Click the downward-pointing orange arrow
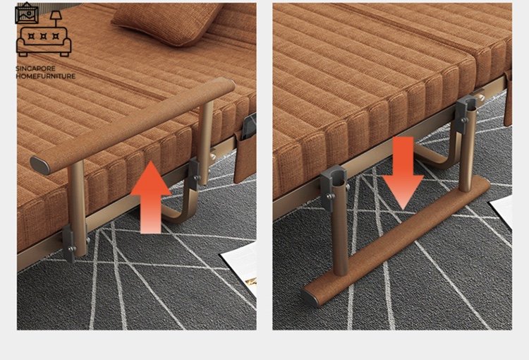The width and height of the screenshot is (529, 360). click(403, 172)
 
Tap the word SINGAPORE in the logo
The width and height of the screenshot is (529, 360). click(35, 69)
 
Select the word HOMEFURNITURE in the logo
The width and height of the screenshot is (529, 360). click(46, 76)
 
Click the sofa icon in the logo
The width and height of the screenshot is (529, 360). click(44, 41)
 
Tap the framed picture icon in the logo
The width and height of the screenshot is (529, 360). click(27, 13)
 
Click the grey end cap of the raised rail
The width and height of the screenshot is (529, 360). click(39, 165)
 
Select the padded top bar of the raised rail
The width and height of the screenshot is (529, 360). click(133, 126)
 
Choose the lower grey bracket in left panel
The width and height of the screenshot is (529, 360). click(70, 243)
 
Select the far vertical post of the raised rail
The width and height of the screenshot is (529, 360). click(205, 143)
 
